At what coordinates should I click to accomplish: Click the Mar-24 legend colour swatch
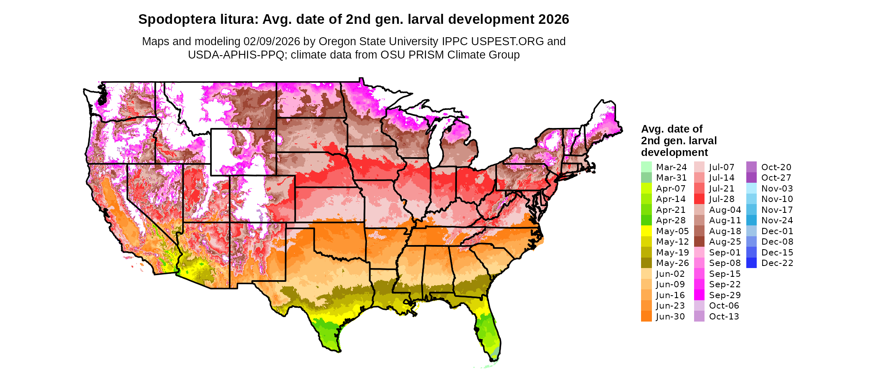[x=646, y=167]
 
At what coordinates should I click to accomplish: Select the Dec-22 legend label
[x=777, y=263]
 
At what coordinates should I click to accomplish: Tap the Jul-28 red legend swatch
[x=699, y=199]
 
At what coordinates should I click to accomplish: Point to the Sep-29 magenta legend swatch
[x=699, y=295]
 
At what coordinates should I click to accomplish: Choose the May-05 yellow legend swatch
[x=646, y=231]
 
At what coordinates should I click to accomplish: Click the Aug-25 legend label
[x=725, y=242]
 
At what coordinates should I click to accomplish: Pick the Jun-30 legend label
[x=670, y=317]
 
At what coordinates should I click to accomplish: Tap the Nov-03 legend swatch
[x=751, y=188]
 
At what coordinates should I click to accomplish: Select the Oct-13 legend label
[x=724, y=317]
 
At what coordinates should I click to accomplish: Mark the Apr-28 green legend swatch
[x=646, y=220]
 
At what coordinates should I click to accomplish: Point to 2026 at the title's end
[x=553, y=20]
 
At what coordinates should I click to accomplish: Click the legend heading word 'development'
[x=674, y=152]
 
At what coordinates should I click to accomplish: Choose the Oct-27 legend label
[x=776, y=178]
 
